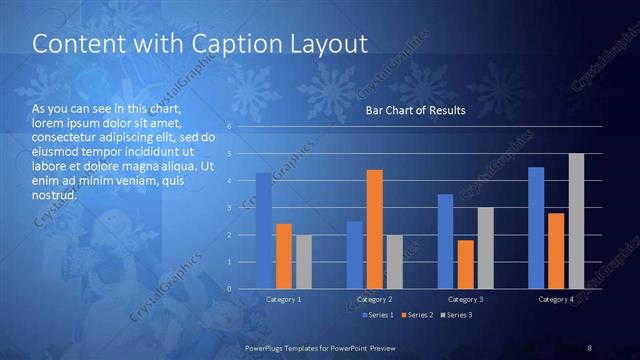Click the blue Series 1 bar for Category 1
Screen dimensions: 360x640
(264, 231)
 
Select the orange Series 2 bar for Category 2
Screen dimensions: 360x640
(375, 229)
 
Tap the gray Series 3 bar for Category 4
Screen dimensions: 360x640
(576, 221)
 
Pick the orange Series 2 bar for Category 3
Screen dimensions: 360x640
(466, 264)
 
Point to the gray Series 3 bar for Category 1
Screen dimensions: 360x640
(303, 262)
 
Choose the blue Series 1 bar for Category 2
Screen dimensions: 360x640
(355, 255)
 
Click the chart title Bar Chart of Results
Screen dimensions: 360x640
(415, 110)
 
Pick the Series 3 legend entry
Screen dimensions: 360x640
(457, 316)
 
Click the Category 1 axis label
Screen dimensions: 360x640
(284, 299)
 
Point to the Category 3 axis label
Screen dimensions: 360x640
(466, 299)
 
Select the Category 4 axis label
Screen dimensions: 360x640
(556, 299)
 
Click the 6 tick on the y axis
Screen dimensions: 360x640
(230, 127)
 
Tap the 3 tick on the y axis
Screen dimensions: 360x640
(230, 208)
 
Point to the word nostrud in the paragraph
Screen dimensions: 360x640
(55, 195)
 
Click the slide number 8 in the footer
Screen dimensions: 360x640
(589, 347)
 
